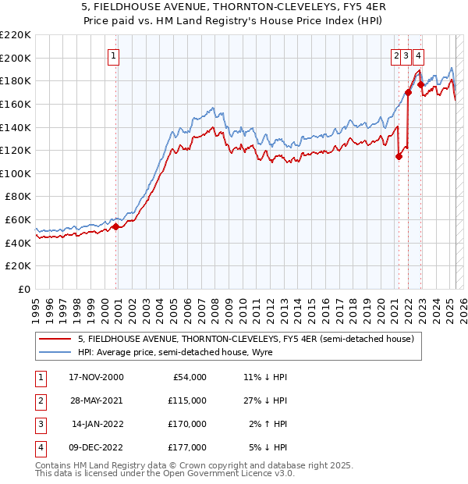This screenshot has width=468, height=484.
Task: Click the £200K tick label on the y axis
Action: [x=16, y=58]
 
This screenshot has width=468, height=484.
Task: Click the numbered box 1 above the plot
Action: [x=114, y=55]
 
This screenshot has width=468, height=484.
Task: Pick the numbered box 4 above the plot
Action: [x=419, y=55]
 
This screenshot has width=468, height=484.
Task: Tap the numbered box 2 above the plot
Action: [x=396, y=55]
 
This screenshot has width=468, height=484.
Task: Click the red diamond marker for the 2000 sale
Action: [x=116, y=226]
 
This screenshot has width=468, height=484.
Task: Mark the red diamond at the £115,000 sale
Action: [x=399, y=156]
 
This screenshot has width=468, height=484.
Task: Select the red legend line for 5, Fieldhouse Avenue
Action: [x=55, y=339]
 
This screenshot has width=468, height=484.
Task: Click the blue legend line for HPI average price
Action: [x=55, y=352]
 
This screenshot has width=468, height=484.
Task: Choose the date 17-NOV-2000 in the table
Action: [x=96, y=377]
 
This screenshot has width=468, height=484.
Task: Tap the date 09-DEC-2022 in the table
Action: [x=96, y=447]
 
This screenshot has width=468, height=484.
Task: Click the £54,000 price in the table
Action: [x=188, y=377]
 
